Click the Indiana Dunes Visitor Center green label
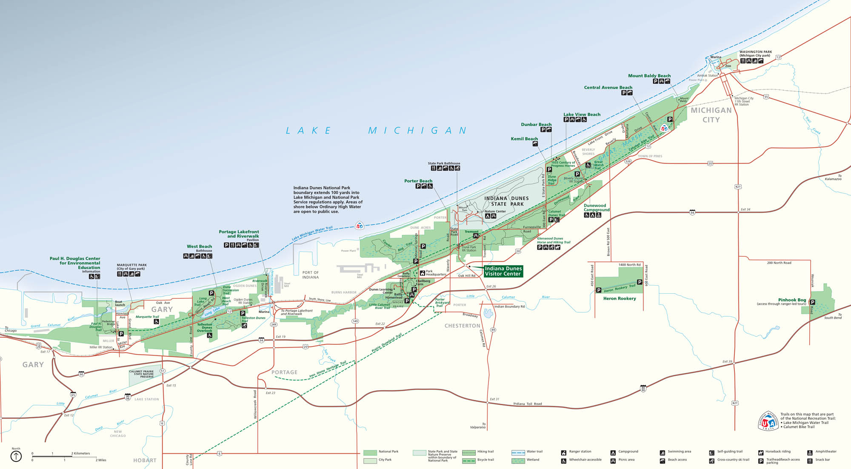[x=503, y=271]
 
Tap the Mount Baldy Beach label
[x=649, y=76]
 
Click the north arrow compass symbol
[x=16, y=457]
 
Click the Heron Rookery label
[x=619, y=298]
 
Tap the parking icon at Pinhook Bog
[x=812, y=302]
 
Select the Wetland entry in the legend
[x=533, y=460]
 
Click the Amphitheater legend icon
[x=810, y=452]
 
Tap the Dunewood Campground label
[x=596, y=208]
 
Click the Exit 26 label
[x=491, y=286]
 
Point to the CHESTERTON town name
[x=462, y=326]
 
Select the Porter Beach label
[x=418, y=181]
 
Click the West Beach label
[x=199, y=246]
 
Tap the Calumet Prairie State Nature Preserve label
[x=141, y=374]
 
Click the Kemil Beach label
[x=524, y=139]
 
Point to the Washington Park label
[x=755, y=52]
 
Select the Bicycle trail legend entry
[x=485, y=460]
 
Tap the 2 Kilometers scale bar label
[x=80, y=453]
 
